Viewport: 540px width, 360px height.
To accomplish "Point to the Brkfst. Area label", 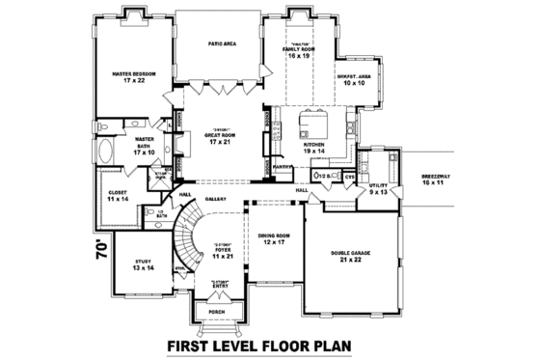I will coord(353,80).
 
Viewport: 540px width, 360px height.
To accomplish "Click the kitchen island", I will coord(315,124).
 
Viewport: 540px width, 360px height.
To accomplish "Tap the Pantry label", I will coord(283,167).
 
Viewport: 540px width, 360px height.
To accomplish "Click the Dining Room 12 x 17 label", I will coord(275,238).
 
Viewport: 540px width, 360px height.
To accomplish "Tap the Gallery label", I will coord(214,199).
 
